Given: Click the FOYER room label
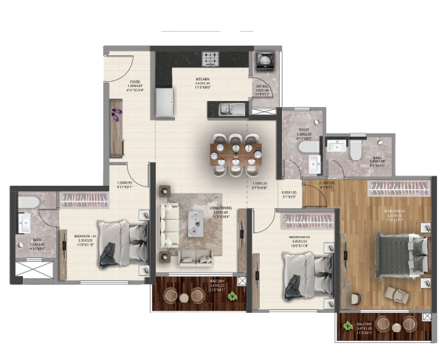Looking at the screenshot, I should tap(135, 82).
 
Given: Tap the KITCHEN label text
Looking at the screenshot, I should tap(203, 78).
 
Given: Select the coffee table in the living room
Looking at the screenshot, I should tap(196, 221).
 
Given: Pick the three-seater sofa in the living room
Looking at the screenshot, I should tap(169, 223).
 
